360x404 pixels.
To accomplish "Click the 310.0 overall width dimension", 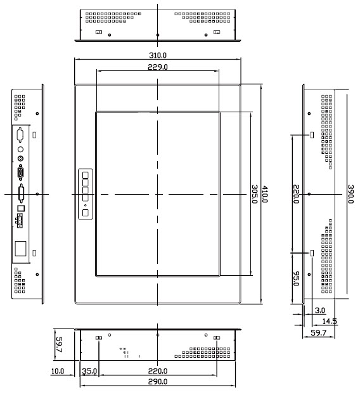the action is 158,55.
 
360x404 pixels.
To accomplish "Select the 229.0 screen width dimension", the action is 158,67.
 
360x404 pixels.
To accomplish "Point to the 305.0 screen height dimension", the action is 254,194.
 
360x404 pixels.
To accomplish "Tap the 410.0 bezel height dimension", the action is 265,194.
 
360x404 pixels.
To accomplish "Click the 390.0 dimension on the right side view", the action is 350,194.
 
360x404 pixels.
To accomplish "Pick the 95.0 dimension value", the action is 296,278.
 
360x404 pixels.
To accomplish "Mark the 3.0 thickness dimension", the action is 320,311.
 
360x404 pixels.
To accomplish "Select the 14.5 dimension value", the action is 330,322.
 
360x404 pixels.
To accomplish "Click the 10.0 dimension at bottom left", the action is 58,371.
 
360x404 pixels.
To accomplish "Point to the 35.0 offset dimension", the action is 89,371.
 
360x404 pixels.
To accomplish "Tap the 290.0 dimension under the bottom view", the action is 158,381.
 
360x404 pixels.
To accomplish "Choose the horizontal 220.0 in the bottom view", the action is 158,371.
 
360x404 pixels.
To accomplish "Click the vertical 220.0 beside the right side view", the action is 296,194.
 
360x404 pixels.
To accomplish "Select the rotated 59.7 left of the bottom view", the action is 59,344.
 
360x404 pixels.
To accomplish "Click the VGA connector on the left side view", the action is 21,173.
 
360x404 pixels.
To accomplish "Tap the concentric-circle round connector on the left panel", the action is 20,159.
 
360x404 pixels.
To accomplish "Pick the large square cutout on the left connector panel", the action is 20,249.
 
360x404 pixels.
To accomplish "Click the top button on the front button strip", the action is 85,175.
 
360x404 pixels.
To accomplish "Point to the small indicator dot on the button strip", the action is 85,205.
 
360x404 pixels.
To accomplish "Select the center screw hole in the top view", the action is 158,35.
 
